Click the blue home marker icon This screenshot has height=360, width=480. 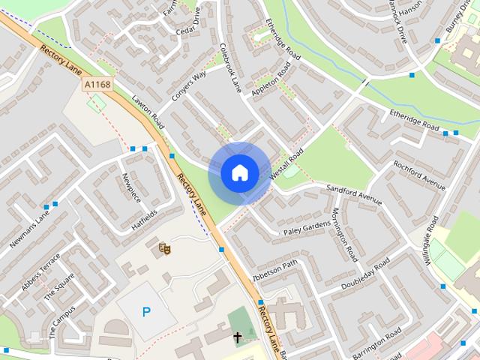click(239, 172)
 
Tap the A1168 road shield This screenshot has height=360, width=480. click(97, 85)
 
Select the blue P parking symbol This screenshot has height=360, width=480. click(146, 311)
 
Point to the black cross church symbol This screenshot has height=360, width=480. click(238, 337)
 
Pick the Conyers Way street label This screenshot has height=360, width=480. click(188, 87)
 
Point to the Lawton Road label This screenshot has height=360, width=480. click(147, 110)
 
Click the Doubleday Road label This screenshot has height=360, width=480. click(365, 275)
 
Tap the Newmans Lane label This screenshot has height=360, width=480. click(29, 229)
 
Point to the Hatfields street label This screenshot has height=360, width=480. click(145, 217)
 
